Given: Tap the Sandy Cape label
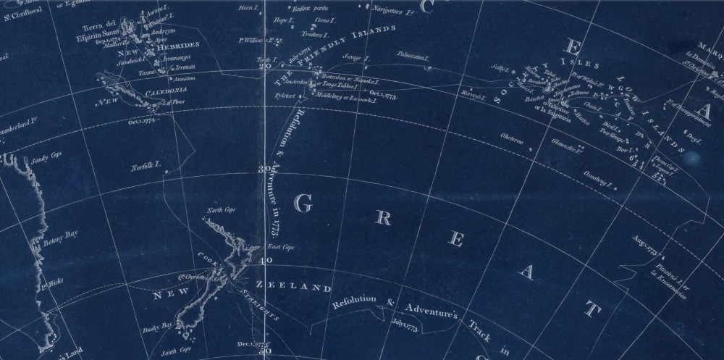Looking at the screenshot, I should tap(41, 155).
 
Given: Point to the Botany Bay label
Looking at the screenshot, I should tap(60, 235).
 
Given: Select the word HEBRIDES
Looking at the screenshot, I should tap(178, 43).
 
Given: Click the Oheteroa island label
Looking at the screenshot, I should tap(510, 136).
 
